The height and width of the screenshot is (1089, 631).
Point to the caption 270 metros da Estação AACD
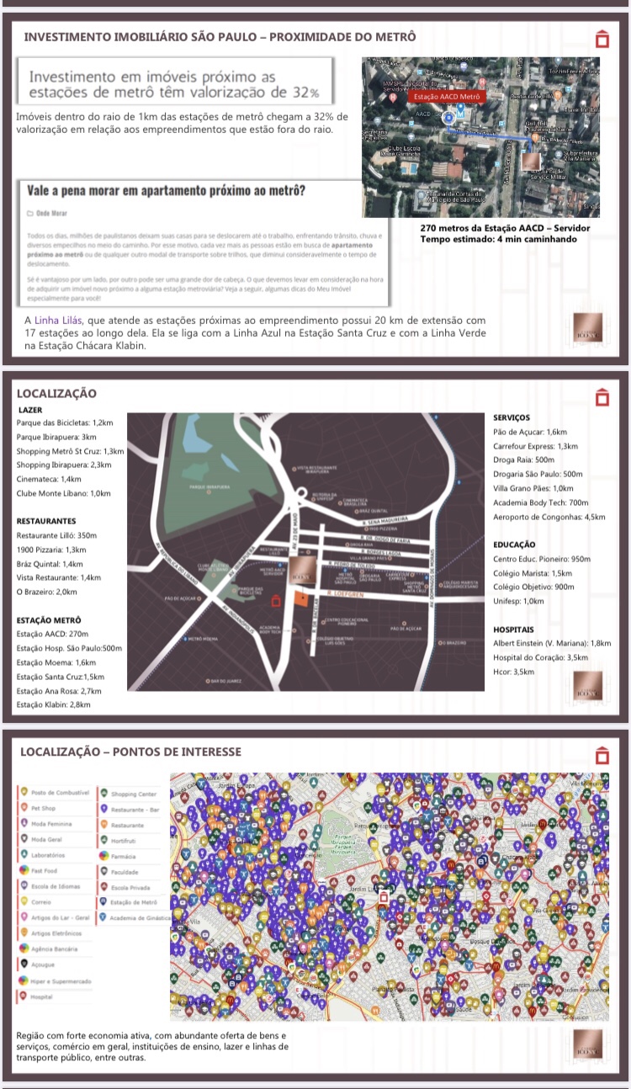tap(504, 228)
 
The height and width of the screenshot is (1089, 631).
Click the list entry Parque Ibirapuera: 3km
tap(56, 437)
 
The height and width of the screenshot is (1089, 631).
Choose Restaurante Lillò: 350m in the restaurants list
tap(56, 535)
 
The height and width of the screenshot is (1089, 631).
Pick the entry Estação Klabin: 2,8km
tap(54, 704)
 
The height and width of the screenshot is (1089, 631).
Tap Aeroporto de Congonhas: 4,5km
tap(549, 516)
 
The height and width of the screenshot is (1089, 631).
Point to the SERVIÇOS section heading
tap(512, 417)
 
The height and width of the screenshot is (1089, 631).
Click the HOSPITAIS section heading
tap(514, 629)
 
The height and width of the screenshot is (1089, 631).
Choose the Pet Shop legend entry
tap(42, 807)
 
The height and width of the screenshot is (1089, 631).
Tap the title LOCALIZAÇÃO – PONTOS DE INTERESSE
tap(130, 752)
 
